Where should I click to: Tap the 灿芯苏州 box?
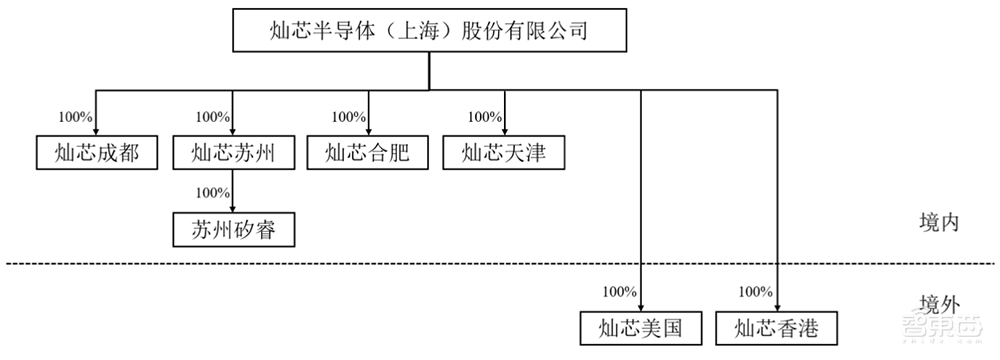(233, 153)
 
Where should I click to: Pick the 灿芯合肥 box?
(368, 153)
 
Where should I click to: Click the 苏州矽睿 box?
(233, 231)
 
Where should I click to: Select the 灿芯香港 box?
(777, 327)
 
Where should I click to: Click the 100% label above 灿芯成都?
(76, 116)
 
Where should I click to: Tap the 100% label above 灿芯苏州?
(213, 116)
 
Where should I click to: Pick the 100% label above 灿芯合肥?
(348, 116)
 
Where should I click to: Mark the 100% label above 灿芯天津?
(485, 116)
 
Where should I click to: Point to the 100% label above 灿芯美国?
(619, 292)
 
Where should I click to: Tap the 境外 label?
(939, 304)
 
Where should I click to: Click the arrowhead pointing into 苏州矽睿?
(233, 209)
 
